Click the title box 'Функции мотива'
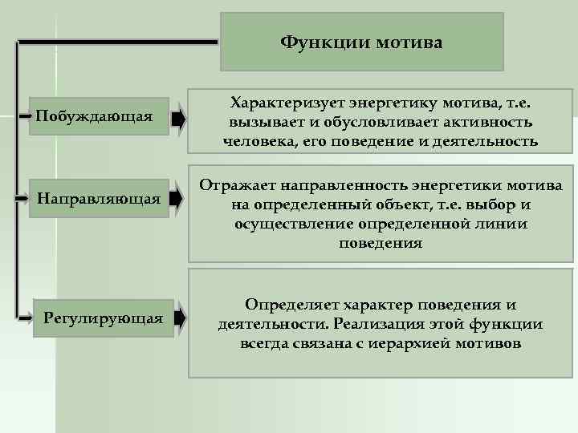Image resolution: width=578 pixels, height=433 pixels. click(x=361, y=42)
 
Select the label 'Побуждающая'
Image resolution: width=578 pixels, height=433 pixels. click(x=94, y=117)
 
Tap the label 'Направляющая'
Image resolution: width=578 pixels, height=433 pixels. click(x=100, y=196)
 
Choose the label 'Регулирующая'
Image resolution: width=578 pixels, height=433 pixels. click(x=103, y=318)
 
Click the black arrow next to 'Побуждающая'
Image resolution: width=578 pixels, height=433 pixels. click(x=178, y=118)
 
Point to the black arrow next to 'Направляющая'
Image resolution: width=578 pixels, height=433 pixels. click(x=178, y=197)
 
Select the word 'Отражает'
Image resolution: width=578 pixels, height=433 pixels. click(x=235, y=186)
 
